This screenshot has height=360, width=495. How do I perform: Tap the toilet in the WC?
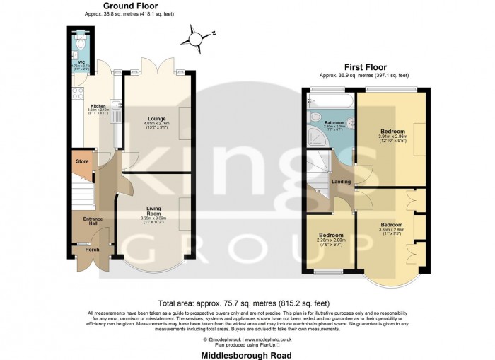[x=81, y=43]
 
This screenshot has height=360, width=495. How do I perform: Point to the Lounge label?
[x=156, y=117]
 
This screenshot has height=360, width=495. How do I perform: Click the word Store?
[x=82, y=162]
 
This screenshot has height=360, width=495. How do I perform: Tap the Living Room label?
[x=156, y=210]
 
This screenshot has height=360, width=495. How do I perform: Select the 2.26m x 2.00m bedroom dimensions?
[x=331, y=240]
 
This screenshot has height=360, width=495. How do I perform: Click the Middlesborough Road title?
[x=246, y=354]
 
